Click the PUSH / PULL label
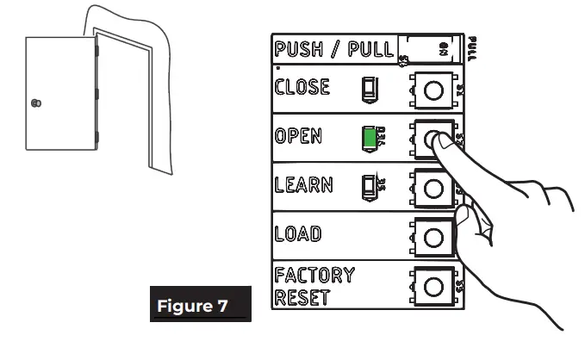333,49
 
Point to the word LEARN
304,184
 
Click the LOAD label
298,233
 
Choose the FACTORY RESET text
314,288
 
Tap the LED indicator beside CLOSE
369,89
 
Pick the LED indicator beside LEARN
369,184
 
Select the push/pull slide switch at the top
431,48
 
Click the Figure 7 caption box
201,305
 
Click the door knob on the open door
34,103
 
